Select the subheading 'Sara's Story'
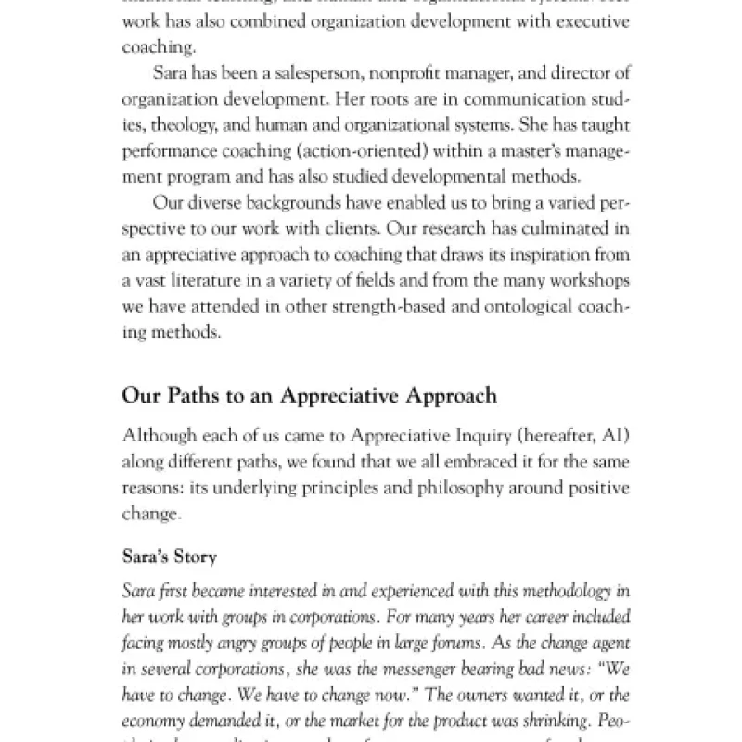(x=170, y=557)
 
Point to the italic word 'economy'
(x=154, y=720)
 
